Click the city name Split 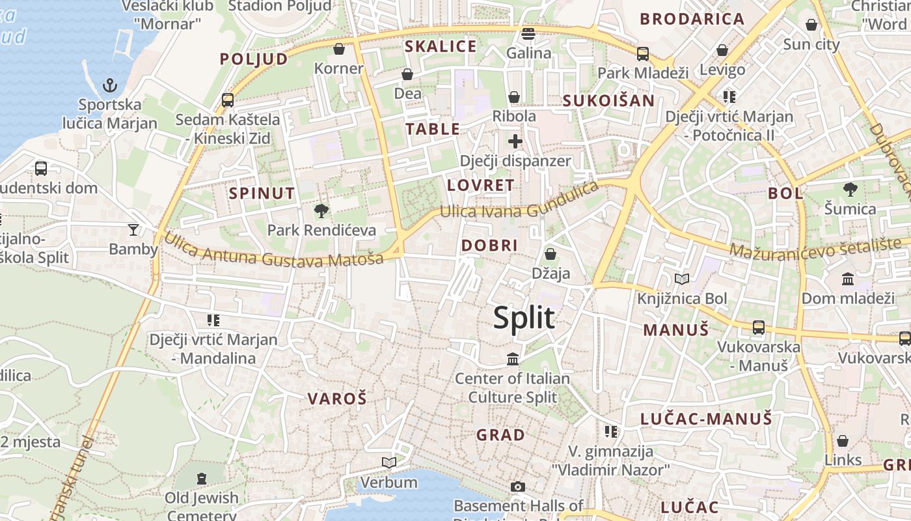pos(524,318)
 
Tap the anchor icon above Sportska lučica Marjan pos(110,85)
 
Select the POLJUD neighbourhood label pos(253,59)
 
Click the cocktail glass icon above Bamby pos(133,229)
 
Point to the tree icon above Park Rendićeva pos(321,210)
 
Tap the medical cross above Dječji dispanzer pos(515,141)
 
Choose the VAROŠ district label pos(337,399)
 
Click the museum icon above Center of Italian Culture pos(513,359)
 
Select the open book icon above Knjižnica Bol pos(681,279)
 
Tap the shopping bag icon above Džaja pos(551,253)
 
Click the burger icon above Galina pos(528,33)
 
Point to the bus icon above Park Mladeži pos(643,53)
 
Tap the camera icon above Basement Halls pos(518,486)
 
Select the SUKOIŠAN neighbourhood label pos(608,100)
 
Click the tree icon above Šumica pos(850,190)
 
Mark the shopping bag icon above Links pos(843,441)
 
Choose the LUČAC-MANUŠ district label pos(706,419)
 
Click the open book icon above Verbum pos(389,462)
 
